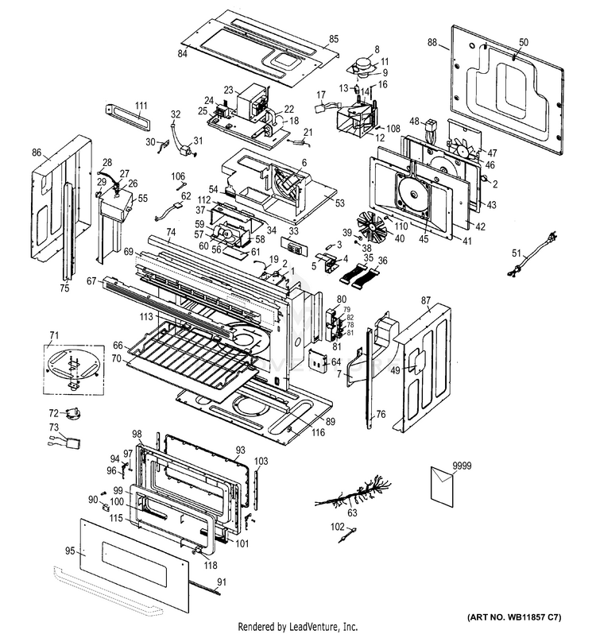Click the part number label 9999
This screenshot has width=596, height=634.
click(450, 463)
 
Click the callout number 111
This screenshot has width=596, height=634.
click(141, 106)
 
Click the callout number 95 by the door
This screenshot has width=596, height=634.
click(69, 550)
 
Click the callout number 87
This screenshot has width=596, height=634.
click(426, 301)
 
